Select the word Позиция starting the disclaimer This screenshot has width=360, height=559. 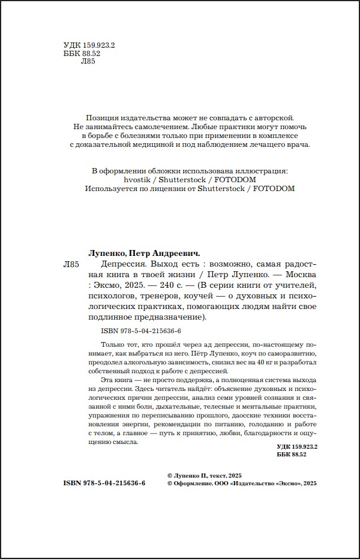coord(101,117)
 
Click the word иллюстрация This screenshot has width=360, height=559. coord(257,171)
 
